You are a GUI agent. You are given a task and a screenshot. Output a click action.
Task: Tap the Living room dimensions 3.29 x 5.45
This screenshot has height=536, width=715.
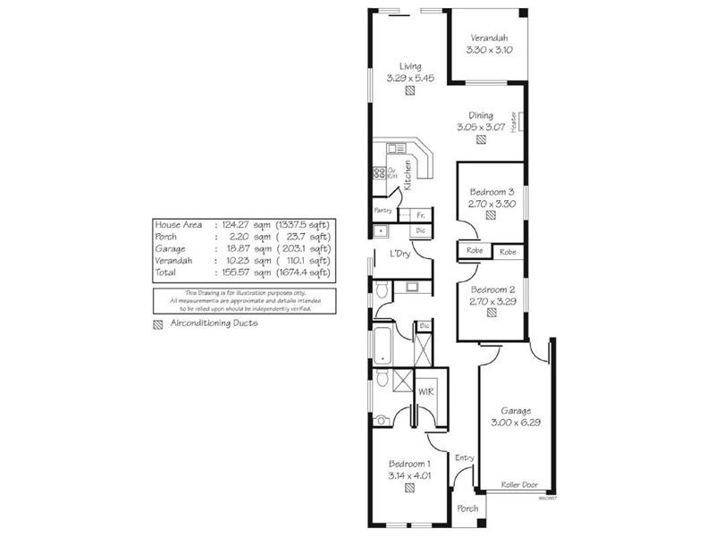click(x=410, y=79)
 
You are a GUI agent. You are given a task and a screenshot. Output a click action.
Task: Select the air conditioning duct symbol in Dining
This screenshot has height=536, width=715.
click(x=481, y=139)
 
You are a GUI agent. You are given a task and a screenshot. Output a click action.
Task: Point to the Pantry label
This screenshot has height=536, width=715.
click(x=383, y=211)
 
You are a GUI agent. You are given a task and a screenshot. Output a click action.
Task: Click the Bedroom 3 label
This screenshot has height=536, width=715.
click(x=492, y=191)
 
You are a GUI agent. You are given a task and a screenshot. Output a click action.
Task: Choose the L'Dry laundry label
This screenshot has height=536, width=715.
click(x=400, y=255)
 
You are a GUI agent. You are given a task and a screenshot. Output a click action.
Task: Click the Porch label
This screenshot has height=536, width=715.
click(x=467, y=508)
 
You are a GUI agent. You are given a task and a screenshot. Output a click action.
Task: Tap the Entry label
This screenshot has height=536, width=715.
click(x=464, y=458)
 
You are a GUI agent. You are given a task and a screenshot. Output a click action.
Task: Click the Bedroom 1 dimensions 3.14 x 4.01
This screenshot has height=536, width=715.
click(x=410, y=475)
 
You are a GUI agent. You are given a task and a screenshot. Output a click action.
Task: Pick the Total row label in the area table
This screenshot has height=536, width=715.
click(x=165, y=272)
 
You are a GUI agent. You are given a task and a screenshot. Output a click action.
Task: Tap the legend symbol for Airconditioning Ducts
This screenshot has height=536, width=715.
click(x=158, y=323)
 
